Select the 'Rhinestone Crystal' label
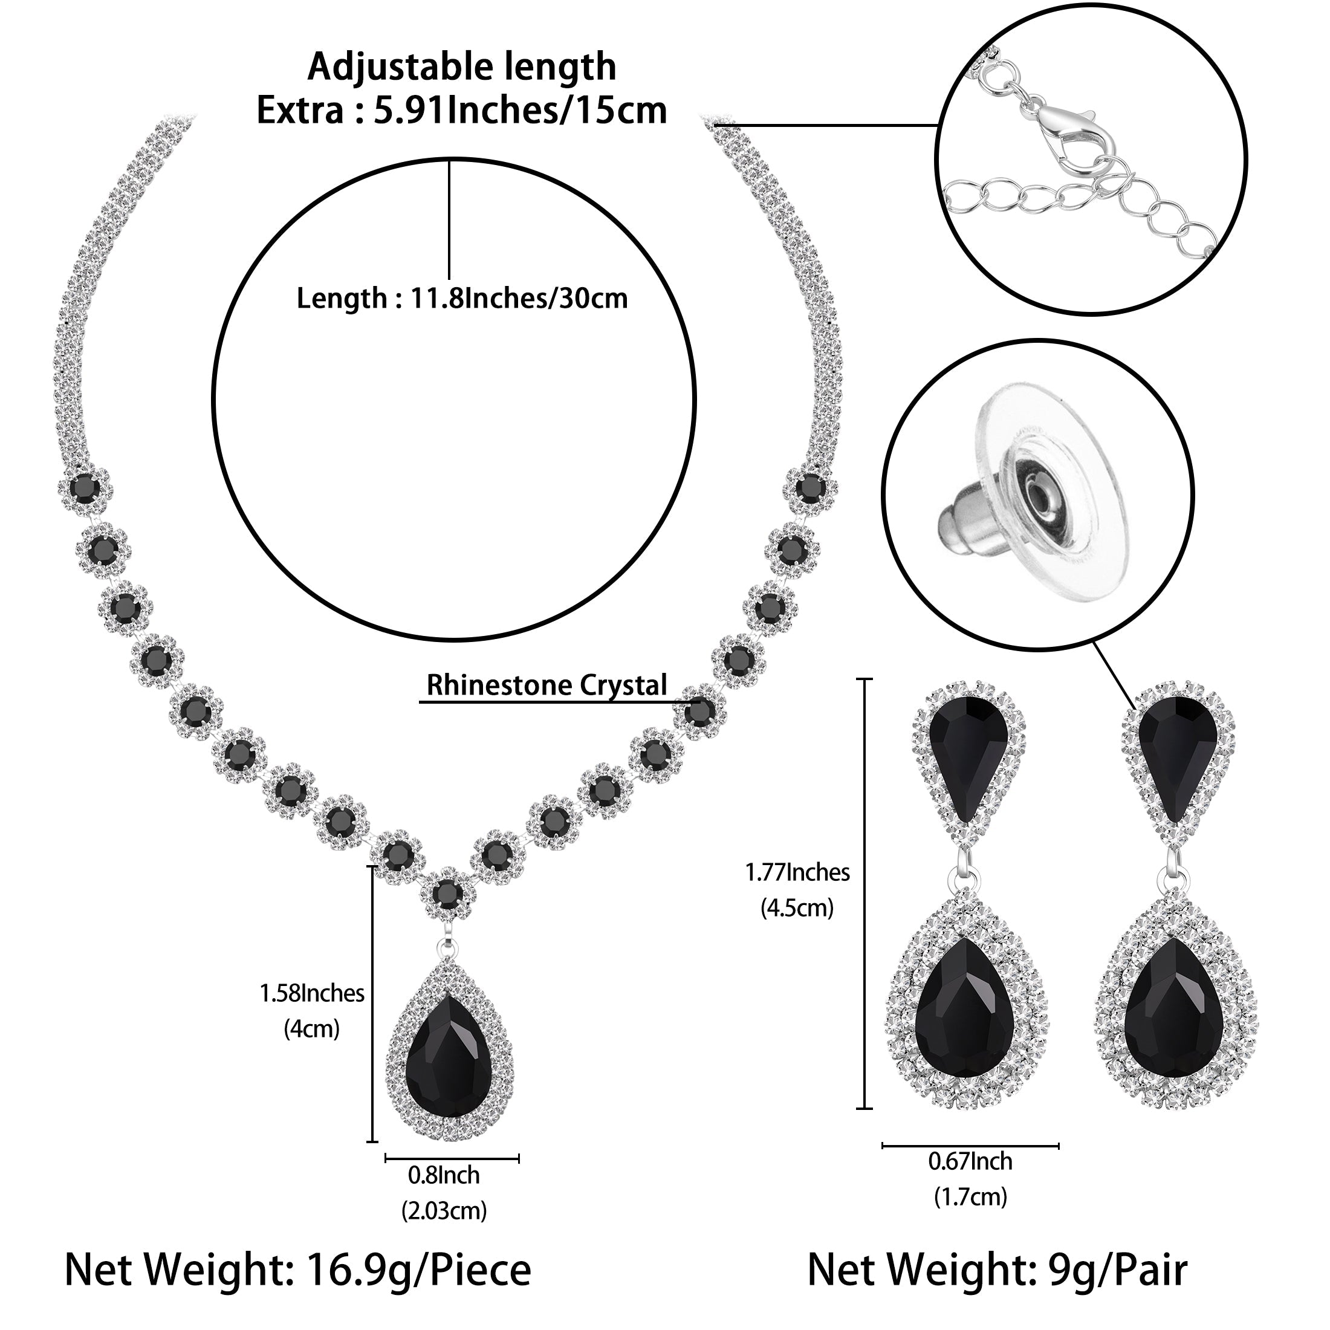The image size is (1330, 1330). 547,685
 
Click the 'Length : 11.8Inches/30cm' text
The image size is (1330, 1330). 462,299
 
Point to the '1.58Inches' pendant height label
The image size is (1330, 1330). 312,993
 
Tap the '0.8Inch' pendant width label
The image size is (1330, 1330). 444,1175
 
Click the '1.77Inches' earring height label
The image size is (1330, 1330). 797,873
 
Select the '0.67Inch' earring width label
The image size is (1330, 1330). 970,1161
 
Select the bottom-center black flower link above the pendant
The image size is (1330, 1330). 448,894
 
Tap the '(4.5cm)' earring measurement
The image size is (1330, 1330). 797,908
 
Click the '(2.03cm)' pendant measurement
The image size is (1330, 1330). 444,1210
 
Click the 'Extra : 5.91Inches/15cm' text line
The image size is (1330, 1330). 461,110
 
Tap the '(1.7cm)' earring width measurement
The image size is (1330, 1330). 970,1196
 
